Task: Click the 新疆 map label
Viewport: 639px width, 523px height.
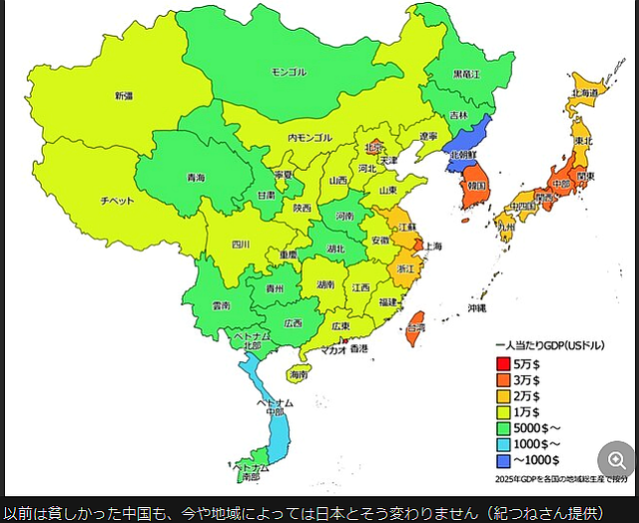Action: (123, 96)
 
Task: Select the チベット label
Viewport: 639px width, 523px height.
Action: (117, 200)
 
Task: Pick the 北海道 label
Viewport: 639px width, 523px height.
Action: (584, 92)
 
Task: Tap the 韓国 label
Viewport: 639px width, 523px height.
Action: (475, 186)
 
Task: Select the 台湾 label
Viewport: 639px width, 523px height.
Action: (414, 327)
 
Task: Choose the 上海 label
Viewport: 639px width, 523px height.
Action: (433, 246)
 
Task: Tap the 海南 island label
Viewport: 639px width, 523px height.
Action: (299, 374)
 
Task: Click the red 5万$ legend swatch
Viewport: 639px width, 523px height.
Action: (503, 363)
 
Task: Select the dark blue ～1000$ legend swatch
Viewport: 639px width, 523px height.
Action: (503, 459)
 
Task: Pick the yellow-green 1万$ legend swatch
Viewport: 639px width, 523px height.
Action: (503, 411)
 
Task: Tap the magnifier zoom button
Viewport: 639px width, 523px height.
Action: (615, 460)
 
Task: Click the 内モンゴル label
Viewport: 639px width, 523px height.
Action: (310, 137)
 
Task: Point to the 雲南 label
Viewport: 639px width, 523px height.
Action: (221, 304)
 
